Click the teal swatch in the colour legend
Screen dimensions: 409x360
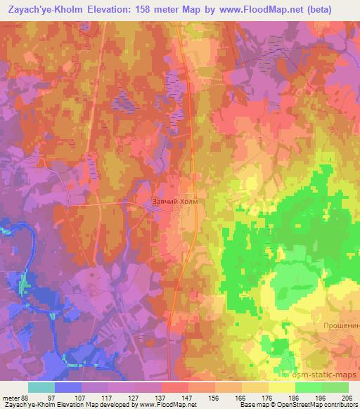pos(41,387)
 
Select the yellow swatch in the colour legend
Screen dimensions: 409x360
pos(281,387)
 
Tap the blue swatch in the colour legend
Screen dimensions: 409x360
pos(68,387)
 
